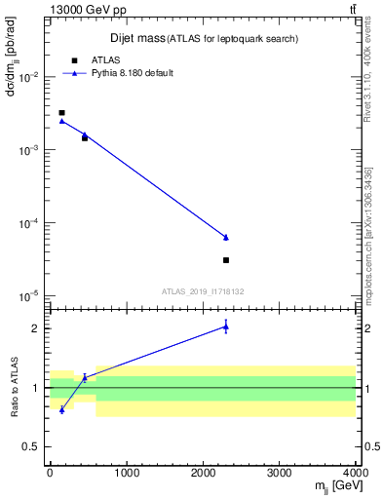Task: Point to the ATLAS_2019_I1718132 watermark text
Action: [203, 290]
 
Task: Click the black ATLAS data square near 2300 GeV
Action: [226, 260]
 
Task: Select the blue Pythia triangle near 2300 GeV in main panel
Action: [226, 237]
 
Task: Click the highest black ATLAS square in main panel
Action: [61, 113]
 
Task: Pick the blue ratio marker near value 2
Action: [226, 327]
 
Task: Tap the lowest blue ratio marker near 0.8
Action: [61, 409]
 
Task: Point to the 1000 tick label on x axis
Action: [126, 474]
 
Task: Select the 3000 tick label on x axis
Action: [279, 474]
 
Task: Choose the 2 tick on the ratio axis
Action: [37, 328]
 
